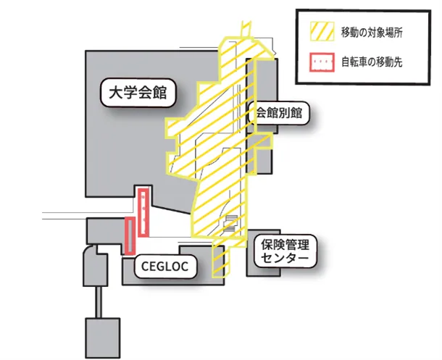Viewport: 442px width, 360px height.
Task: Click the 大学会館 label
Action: (x=138, y=93)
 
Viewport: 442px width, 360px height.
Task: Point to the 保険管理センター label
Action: (x=285, y=251)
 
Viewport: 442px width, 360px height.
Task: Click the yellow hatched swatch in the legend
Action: (x=321, y=33)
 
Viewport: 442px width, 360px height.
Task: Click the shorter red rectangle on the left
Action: (x=130, y=235)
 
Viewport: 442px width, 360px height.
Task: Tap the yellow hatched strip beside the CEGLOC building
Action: (x=219, y=261)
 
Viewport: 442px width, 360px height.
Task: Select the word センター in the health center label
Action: (x=285, y=259)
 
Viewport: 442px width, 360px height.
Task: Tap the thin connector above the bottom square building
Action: (x=103, y=301)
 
